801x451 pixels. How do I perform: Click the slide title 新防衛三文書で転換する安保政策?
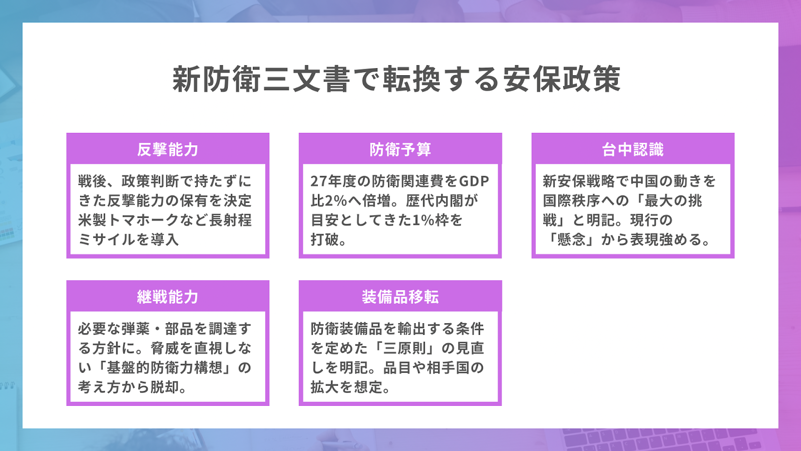[396, 79]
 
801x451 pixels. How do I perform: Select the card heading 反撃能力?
[168, 150]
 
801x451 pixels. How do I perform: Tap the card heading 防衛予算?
[400, 150]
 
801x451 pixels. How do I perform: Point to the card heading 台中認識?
[633, 150]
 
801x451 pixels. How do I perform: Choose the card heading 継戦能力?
[168, 297]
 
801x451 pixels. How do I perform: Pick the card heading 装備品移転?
[400, 297]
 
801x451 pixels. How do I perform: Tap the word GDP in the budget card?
[474, 181]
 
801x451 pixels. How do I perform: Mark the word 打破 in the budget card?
[325, 240]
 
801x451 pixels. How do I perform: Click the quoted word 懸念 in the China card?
[571, 240]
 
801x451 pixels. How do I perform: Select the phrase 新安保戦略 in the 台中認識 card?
[579, 181]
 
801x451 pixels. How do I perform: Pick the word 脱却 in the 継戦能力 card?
[165, 387]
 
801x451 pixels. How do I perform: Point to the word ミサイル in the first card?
[107, 240]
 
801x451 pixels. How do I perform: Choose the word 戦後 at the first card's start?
[92, 181]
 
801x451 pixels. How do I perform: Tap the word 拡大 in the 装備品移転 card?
[325, 387]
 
